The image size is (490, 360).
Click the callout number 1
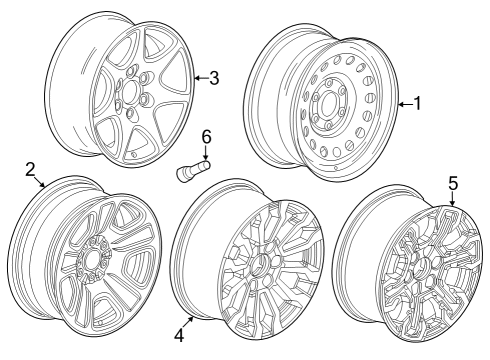[417, 104]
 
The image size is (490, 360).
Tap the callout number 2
[30, 168]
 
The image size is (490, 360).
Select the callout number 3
[214, 78]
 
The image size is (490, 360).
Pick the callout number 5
[452, 183]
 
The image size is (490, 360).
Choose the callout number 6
[207, 135]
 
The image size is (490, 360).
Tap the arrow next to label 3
[200, 78]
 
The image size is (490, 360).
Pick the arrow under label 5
[452, 200]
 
